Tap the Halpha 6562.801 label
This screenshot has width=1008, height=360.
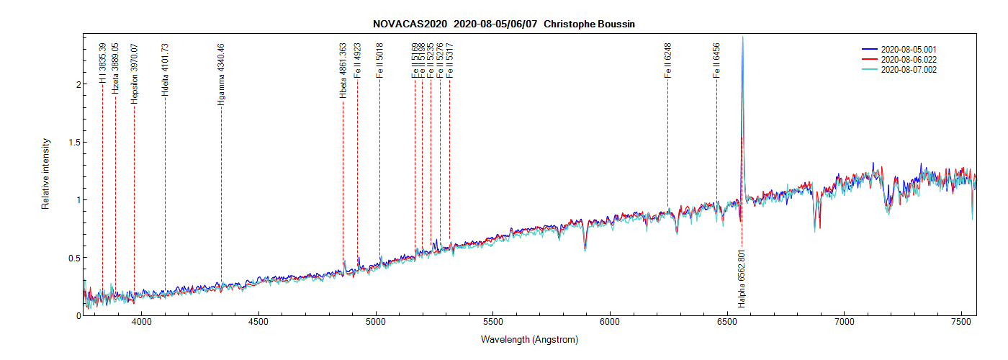(x=742, y=278)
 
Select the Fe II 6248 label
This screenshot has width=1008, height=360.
(x=667, y=60)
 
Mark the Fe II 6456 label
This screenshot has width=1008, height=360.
(x=716, y=60)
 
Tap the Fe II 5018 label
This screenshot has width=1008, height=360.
(x=379, y=60)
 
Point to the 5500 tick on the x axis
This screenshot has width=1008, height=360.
(x=492, y=322)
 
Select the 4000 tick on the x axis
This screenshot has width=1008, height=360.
(x=142, y=322)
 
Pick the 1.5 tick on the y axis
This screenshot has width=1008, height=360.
(x=71, y=142)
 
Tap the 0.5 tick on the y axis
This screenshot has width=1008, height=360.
(x=71, y=258)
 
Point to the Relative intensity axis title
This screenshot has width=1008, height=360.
(x=45, y=175)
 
